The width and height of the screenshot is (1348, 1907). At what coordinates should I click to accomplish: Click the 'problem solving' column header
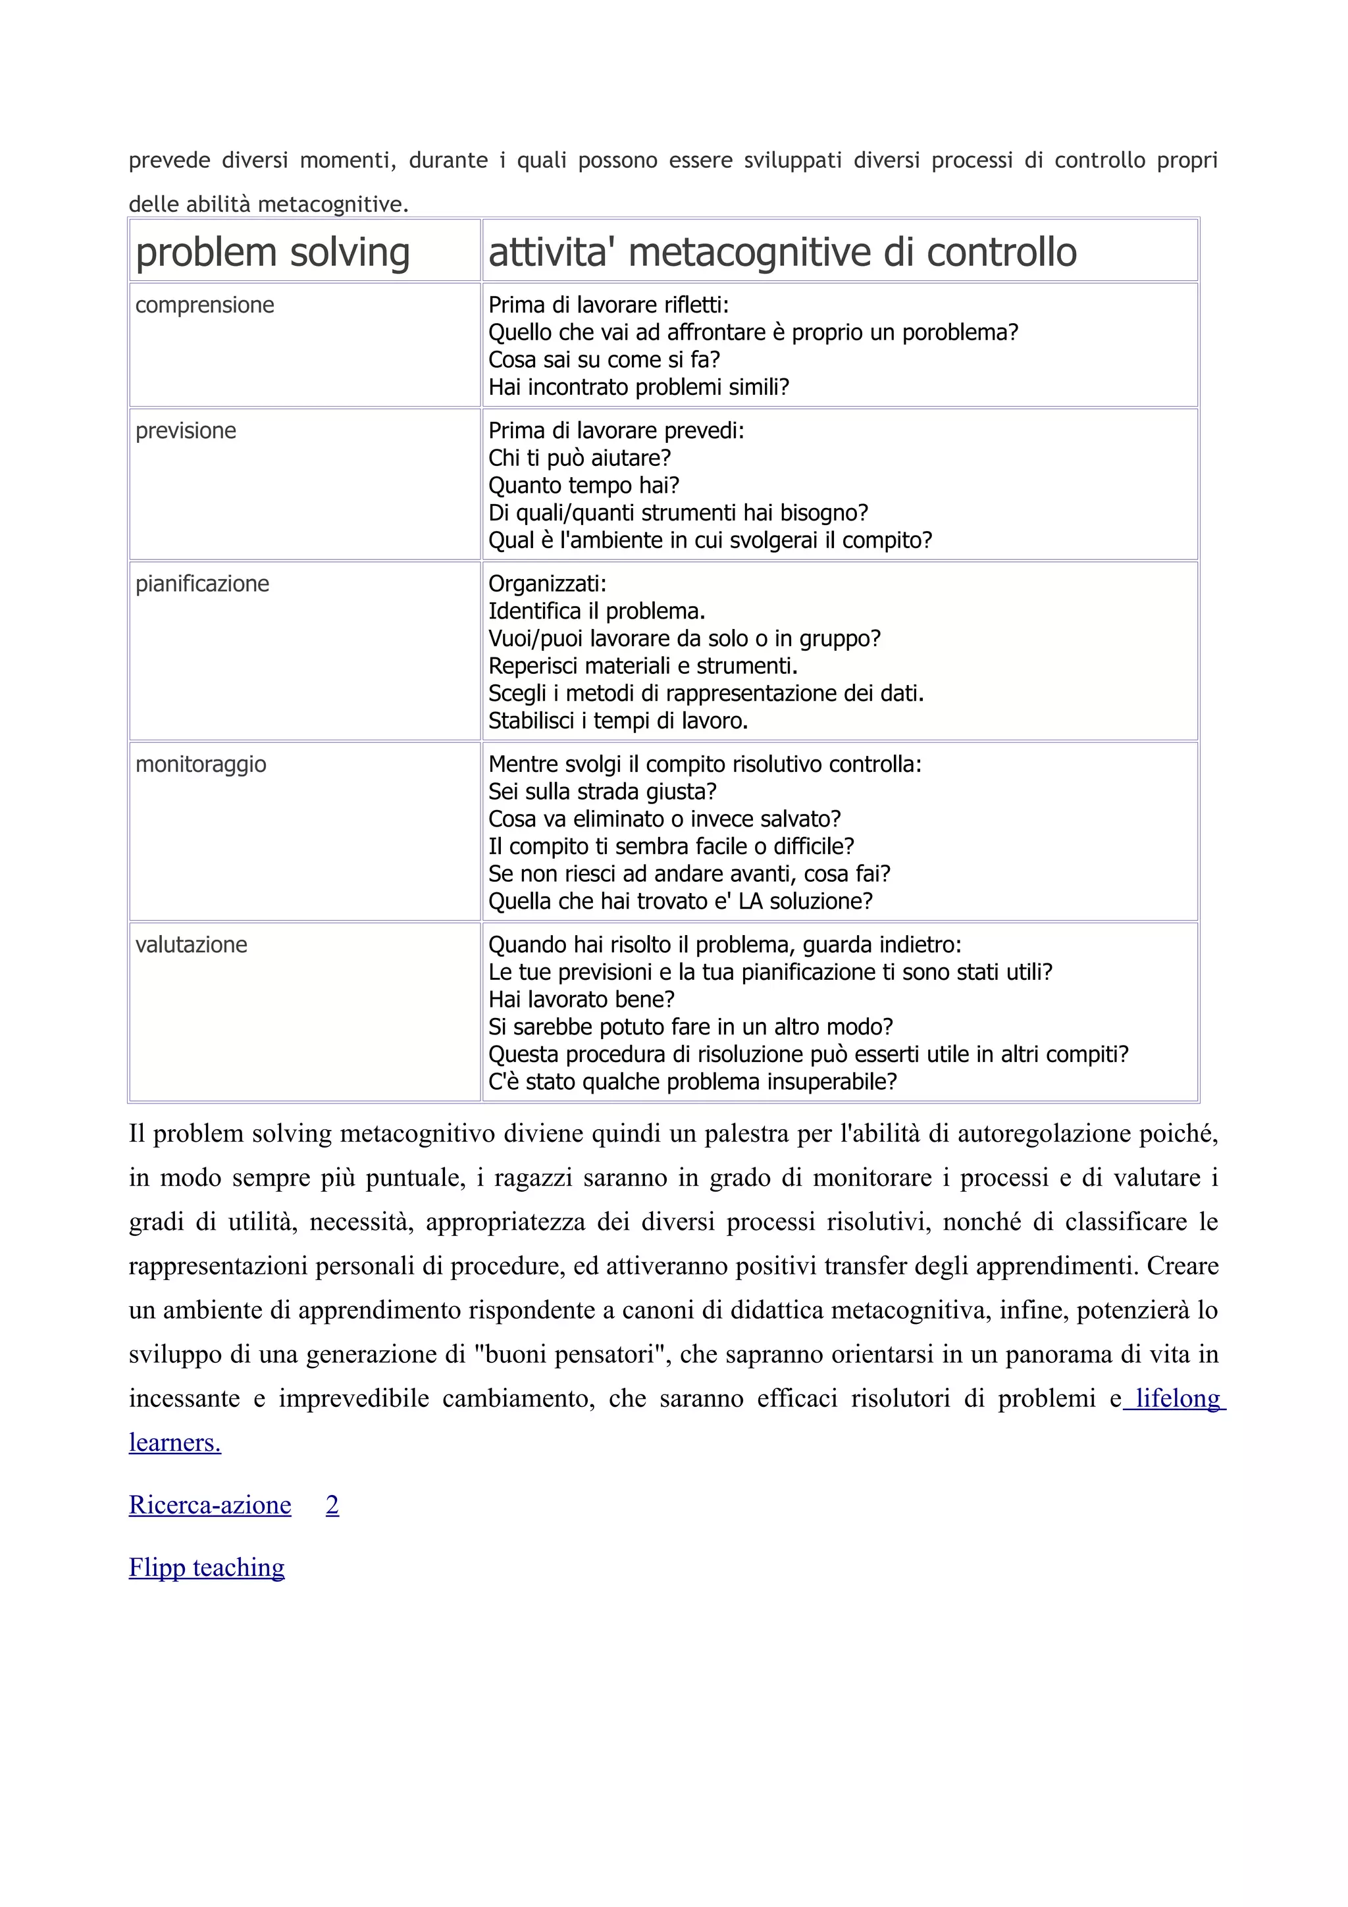pyautogui.click(x=272, y=253)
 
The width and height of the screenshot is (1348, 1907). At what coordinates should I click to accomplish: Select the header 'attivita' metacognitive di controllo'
pyautogui.click(x=783, y=253)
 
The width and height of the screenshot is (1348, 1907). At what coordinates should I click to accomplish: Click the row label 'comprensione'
pyautogui.click(x=204, y=305)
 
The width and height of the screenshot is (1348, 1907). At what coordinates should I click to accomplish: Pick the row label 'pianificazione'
pyautogui.click(x=202, y=583)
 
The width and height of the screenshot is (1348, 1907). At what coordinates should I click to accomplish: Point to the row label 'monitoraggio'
pyautogui.click(x=200, y=763)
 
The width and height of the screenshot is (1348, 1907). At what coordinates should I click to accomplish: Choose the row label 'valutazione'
pyautogui.click(x=191, y=944)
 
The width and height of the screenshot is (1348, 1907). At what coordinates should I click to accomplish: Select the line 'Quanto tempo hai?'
pyautogui.click(x=583, y=485)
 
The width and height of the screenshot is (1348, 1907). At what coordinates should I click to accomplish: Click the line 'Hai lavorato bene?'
pyautogui.click(x=581, y=999)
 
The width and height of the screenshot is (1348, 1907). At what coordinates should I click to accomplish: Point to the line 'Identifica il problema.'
pyautogui.click(x=596, y=611)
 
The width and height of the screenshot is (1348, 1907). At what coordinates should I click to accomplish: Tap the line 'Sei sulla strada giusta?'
pyautogui.click(x=602, y=792)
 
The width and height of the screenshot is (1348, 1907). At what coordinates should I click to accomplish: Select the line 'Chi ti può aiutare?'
pyautogui.click(x=579, y=457)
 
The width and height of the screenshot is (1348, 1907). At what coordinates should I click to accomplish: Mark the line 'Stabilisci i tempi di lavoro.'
pyautogui.click(x=618, y=721)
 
